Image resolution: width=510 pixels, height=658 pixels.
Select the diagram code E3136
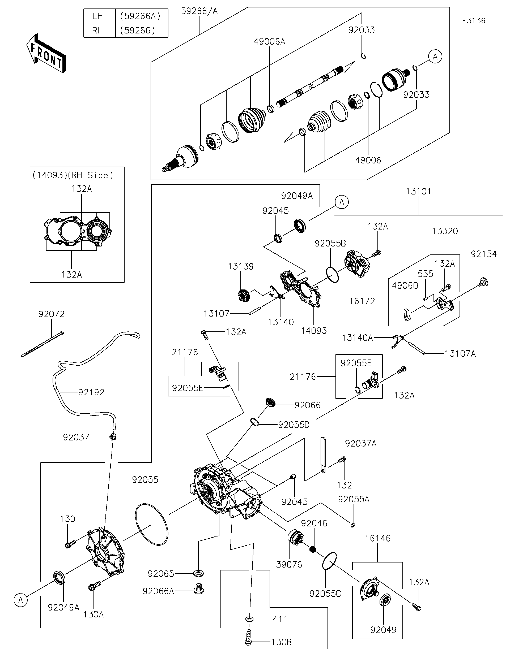coord(474,21)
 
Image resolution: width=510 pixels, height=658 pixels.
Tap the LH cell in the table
coord(98,16)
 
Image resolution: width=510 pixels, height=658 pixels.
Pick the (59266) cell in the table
coord(138,31)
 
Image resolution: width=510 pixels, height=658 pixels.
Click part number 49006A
coord(269,42)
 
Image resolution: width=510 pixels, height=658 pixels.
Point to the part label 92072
coord(51,314)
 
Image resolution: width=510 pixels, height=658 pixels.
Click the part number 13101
coord(418,192)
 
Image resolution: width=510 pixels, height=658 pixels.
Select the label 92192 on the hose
coord(91,392)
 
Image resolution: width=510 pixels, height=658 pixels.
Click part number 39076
coord(289,564)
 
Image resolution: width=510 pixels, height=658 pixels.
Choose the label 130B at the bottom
coord(281,642)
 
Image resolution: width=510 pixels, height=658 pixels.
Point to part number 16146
coord(378,538)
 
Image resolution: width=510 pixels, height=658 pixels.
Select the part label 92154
coord(483,254)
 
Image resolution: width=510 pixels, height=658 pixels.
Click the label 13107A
coord(460,354)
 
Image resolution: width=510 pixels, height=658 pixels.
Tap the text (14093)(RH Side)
coord(73,175)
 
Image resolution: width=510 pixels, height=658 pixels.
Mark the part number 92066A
coord(158,591)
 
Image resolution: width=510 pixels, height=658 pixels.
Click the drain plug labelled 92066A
coord(198,589)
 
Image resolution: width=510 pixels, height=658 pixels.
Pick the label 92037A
coord(361,444)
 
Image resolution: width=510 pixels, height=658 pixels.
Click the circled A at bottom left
coord(20,600)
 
